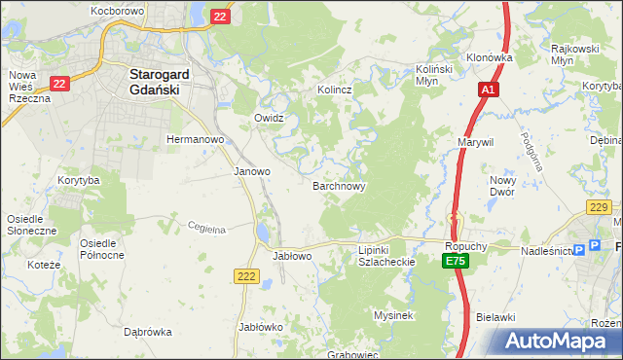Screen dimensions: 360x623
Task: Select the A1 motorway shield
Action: point(488,90)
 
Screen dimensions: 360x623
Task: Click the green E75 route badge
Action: point(454,262)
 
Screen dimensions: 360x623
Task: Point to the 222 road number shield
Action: point(246,277)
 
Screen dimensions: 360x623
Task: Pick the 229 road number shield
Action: point(599,207)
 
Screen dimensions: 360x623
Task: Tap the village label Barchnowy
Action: point(339,185)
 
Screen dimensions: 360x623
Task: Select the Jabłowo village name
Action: point(292,256)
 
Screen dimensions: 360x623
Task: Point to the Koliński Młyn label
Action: point(437,76)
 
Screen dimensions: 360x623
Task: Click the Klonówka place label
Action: point(489,57)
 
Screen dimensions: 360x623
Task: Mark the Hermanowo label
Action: point(196,139)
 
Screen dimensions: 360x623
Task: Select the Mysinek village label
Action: point(394,315)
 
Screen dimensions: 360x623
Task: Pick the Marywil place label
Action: point(476,141)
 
